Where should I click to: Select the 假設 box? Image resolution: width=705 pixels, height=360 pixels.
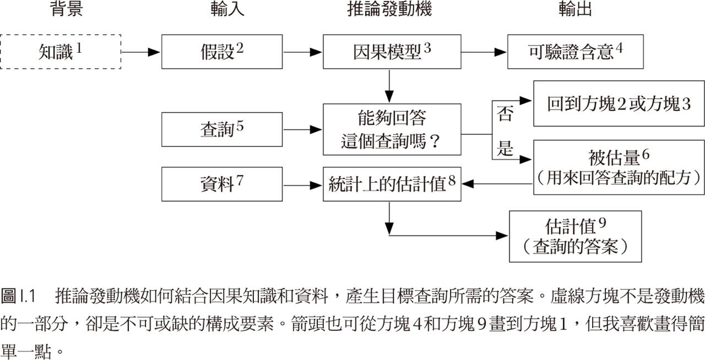point(222,52)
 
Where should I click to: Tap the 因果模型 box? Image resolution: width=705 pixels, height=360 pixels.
point(392,52)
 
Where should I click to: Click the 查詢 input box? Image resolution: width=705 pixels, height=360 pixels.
point(222,130)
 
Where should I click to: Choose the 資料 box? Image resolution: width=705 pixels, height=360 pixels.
point(222,185)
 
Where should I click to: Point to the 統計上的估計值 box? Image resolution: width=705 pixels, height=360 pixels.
point(392,185)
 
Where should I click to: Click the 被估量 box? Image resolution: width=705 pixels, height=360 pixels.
point(619,167)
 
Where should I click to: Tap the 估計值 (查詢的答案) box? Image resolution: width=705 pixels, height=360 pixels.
point(576,236)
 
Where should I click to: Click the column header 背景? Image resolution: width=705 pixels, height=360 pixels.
point(66,9)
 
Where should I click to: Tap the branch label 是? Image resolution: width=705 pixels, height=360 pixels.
point(505,149)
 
